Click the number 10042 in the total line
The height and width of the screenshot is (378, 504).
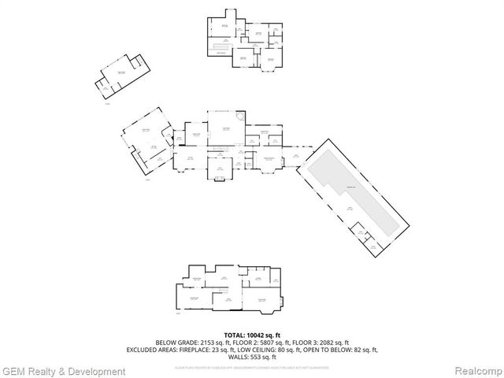[258, 335]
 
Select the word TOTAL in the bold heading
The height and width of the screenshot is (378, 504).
[235, 335]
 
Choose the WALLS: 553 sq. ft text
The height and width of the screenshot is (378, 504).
[251, 357]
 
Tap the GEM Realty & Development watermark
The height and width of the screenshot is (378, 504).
[59, 371]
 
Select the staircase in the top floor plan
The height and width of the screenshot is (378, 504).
[220, 48]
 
